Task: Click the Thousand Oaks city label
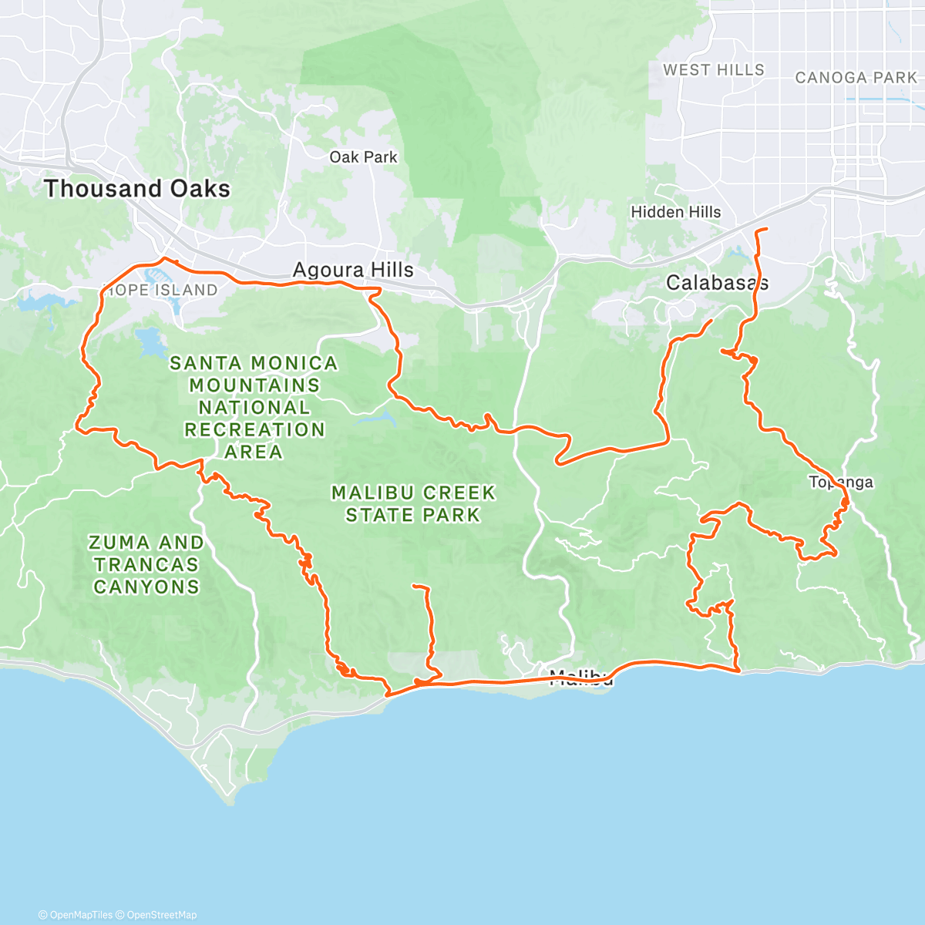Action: point(137,189)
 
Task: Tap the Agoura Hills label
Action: point(353,271)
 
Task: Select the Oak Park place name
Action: point(363,157)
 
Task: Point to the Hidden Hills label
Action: point(676,212)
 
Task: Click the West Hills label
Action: point(714,70)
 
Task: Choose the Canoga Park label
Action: point(856,78)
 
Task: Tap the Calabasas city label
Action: point(717,283)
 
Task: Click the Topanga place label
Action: point(841,483)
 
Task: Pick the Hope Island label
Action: point(160,291)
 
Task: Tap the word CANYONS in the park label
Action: point(146,587)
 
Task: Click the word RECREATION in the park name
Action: point(254,429)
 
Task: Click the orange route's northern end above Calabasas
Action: point(765,230)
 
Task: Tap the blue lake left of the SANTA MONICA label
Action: point(149,339)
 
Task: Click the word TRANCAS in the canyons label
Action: point(146,565)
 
